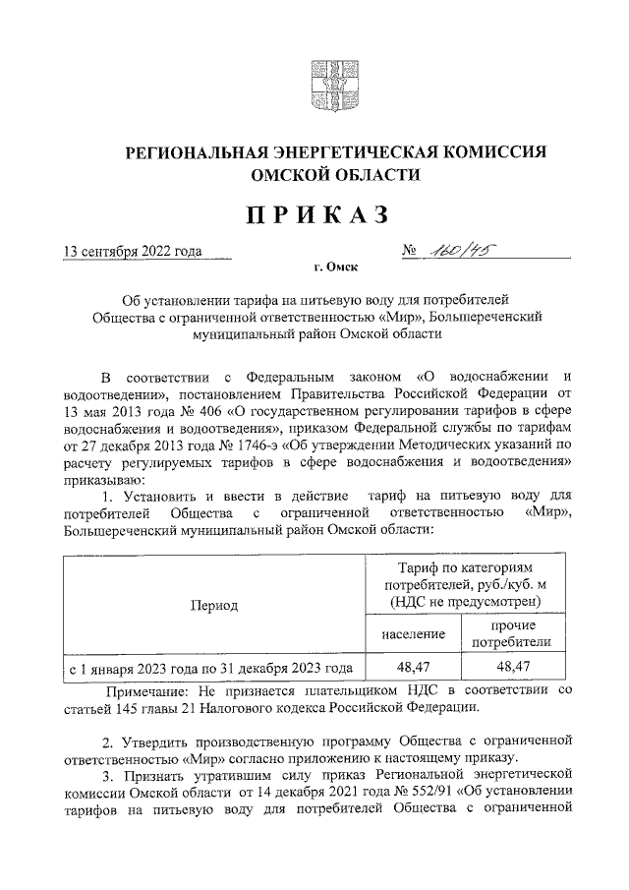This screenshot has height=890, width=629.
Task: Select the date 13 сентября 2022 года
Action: pyautogui.click(x=132, y=251)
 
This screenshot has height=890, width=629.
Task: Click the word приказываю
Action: pyautogui.click(x=102, y=481)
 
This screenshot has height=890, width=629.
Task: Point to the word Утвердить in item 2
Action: pyautogui.click(x=155, y=739)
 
